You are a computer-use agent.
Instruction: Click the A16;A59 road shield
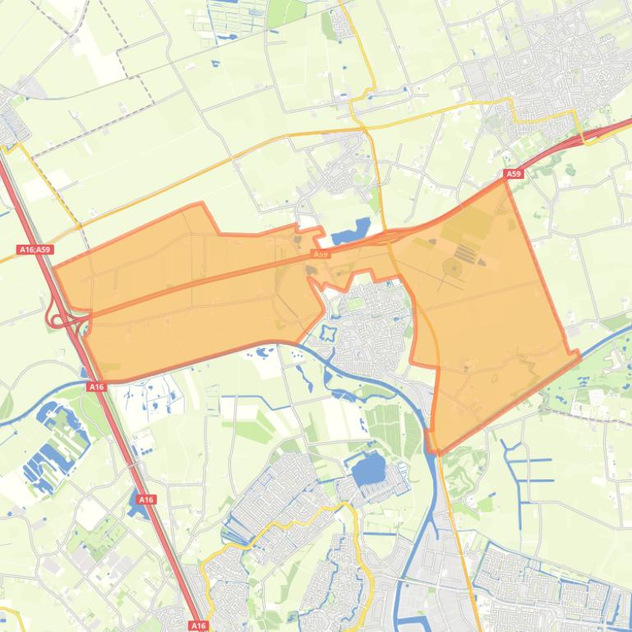coord(35,250)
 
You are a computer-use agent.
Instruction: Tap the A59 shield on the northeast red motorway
coord(514,174)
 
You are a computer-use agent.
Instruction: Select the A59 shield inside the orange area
coord(321,254)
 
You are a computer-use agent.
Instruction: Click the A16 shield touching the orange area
coord(97,386)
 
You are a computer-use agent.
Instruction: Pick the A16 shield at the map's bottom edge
coord(198,626)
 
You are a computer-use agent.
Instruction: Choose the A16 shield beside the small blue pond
coord(146,499)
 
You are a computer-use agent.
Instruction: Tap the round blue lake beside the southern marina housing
coord(367,470)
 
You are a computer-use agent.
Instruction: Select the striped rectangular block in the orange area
coord(465,251)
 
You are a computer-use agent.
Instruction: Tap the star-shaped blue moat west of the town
coord(329,333)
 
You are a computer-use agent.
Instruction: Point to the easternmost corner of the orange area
coord(579,355)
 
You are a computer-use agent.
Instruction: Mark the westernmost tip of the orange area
coord(54,268)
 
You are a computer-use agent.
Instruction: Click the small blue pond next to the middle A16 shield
coord(134,509)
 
